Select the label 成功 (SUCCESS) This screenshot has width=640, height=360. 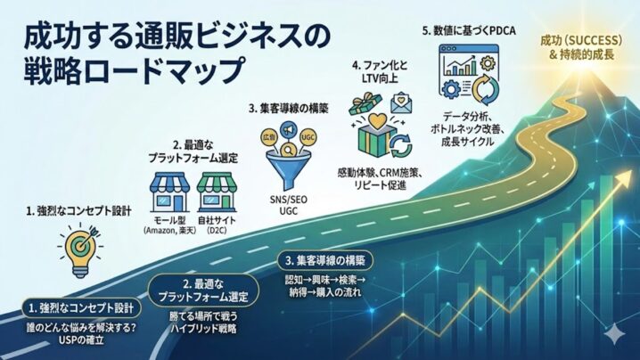point(578,39)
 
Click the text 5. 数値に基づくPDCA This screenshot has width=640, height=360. point(470,30)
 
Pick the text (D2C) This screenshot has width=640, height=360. point(217,231)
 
